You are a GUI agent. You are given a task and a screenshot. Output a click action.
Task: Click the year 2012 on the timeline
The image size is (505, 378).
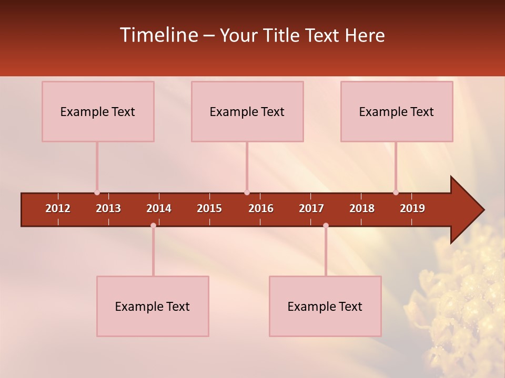(58, 208)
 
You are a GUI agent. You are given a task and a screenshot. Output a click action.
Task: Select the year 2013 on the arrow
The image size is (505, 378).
(108, 208)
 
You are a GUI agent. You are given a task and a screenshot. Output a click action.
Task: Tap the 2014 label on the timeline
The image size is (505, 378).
(159, 208)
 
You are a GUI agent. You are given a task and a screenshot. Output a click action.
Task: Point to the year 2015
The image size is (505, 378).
(209, 208)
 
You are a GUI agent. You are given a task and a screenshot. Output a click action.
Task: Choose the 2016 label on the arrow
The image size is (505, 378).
(261, 208)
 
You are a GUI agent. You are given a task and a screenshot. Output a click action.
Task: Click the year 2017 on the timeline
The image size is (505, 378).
(311, 208)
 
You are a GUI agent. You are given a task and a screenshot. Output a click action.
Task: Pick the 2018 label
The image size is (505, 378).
(362, 208)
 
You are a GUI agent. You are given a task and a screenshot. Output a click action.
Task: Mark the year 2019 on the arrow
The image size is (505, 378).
(412, 208)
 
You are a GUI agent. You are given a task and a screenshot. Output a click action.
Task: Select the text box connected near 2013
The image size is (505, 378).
(98, 111)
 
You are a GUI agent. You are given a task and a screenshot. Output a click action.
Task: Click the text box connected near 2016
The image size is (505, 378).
(247, 111)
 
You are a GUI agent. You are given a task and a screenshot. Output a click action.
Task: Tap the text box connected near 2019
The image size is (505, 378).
(397, 111)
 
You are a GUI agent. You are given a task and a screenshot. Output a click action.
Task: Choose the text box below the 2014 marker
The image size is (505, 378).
(153, 306)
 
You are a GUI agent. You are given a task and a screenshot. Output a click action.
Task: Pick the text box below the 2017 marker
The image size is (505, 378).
(325, 306)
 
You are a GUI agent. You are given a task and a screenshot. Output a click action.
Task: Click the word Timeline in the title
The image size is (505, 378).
(158, 35)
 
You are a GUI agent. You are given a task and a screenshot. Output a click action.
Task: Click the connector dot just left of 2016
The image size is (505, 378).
(247, 193)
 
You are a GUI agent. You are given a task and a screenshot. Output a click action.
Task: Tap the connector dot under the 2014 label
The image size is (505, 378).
(153, 225)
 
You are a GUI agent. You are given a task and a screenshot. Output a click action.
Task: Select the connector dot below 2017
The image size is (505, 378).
(326, 225)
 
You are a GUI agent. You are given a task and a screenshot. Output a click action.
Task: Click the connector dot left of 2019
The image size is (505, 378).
(396, 193)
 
